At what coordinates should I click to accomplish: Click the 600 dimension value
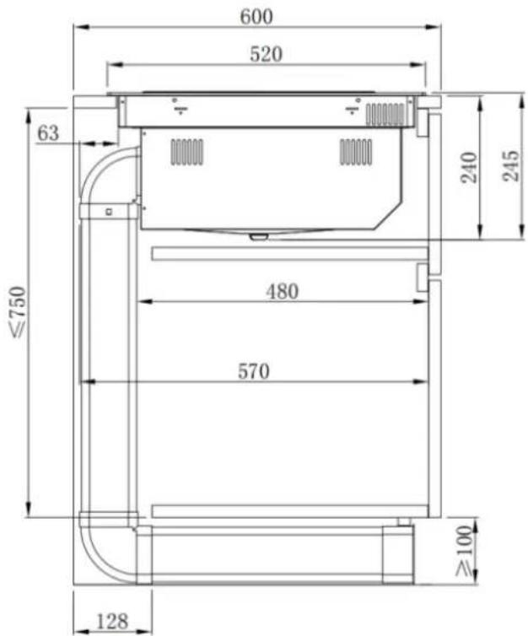click(x=256, y=16)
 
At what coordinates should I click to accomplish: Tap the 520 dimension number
click(x=266, y=54)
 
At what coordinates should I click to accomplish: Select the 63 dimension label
click(x=48, y=133)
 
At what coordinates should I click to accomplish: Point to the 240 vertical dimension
click(x=469, y=168)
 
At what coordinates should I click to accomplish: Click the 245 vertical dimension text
click(x=510, y=165)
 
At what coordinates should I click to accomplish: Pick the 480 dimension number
click(x=283, y=291)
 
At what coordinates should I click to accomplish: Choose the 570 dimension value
click(x=253, y=371)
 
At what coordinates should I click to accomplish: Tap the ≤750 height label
click(x=19, y=311)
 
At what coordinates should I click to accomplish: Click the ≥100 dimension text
click(x=465, y=551)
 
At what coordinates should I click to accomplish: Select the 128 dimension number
click(x=112, y=621)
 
